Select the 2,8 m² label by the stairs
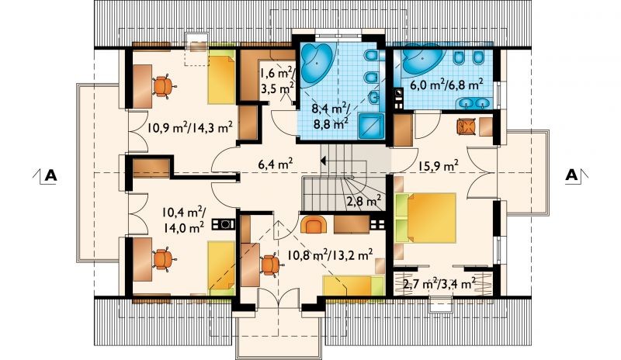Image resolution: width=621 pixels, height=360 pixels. (x=364, y=200)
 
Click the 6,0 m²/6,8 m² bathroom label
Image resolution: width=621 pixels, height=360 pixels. (x=446, y=84)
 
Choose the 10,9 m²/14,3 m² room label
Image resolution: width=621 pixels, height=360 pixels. (x=189, y=127)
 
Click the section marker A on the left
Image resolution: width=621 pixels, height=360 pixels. (x=50, y=175)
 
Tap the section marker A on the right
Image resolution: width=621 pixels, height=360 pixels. (x=571, y=175)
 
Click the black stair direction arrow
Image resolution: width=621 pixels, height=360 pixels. (x=323, y=161)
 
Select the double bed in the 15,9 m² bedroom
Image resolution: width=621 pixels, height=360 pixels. (x=425, y=217)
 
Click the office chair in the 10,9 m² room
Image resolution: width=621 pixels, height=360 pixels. (x=163, y=86)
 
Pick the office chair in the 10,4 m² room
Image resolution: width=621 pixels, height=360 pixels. (x=163, y=259)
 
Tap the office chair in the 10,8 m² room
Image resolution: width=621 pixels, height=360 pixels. (x=270, y=265)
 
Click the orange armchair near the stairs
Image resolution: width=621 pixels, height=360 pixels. (x=314, y=225)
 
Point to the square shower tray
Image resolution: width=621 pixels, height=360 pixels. (x=371, y=126)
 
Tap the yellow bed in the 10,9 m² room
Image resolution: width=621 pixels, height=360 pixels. (x=221, y=81)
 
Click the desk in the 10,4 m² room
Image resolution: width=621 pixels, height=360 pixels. (x=143, y=259)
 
